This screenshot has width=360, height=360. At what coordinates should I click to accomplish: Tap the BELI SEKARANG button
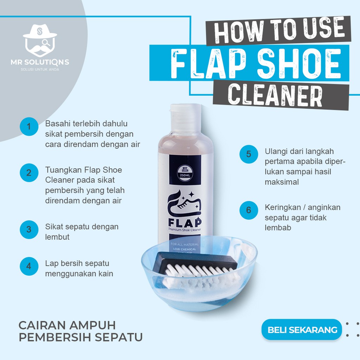coord(302,330)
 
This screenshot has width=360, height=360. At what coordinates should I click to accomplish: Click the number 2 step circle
coord(29,173)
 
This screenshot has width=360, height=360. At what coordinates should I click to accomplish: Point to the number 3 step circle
coord(29,230)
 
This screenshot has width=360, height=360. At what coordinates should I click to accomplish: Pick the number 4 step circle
coord(29,266)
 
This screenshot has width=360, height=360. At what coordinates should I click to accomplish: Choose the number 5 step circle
coord(249,154)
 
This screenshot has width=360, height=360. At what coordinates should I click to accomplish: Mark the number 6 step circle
coord(249,210)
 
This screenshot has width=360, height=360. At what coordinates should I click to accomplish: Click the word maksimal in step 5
coord(282,182)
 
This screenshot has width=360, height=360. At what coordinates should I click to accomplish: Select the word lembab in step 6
coord(278,227)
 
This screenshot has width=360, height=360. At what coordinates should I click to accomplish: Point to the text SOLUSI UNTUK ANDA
coord(40,69)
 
